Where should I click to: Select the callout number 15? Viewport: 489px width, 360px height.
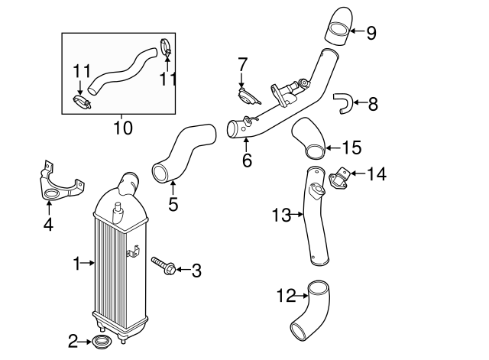pos(351,147)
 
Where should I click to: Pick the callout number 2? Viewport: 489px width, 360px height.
pos(73,340)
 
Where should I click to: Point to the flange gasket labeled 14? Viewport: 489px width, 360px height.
pos(338,179)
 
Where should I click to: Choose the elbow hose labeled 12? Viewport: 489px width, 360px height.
pos(312,313)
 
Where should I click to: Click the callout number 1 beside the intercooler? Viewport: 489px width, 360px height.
pos(76,264)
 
